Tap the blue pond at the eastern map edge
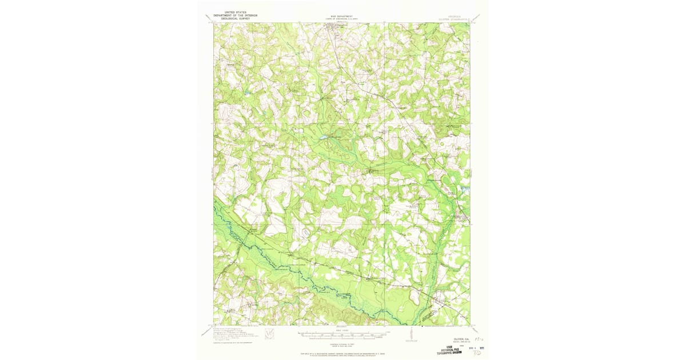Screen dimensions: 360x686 466,189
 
